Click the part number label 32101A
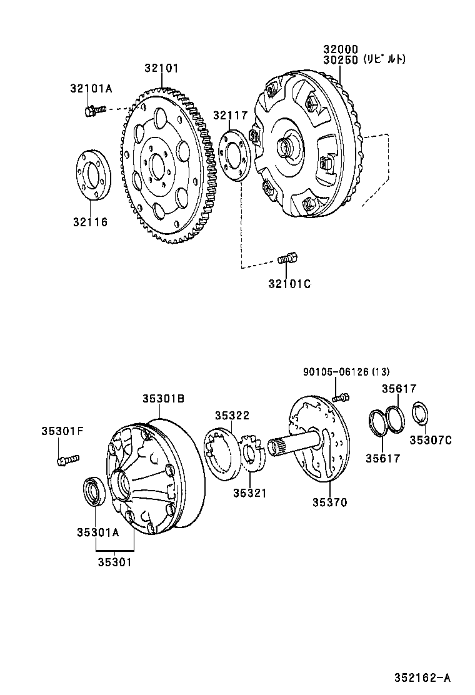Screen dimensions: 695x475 click(91, 89)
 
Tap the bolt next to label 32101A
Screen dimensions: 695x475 click(89, 112)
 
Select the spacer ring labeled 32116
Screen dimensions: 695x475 click(93, 176)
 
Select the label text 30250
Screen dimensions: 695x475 click(340, 60)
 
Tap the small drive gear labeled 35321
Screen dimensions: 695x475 click(252, 454)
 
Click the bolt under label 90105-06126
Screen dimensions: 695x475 click(340, 396)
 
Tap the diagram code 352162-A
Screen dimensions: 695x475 click(422, 677)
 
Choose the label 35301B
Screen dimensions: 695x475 click(162, 398)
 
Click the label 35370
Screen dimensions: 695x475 click(329, 502)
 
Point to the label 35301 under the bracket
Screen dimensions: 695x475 click(114, 561)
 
